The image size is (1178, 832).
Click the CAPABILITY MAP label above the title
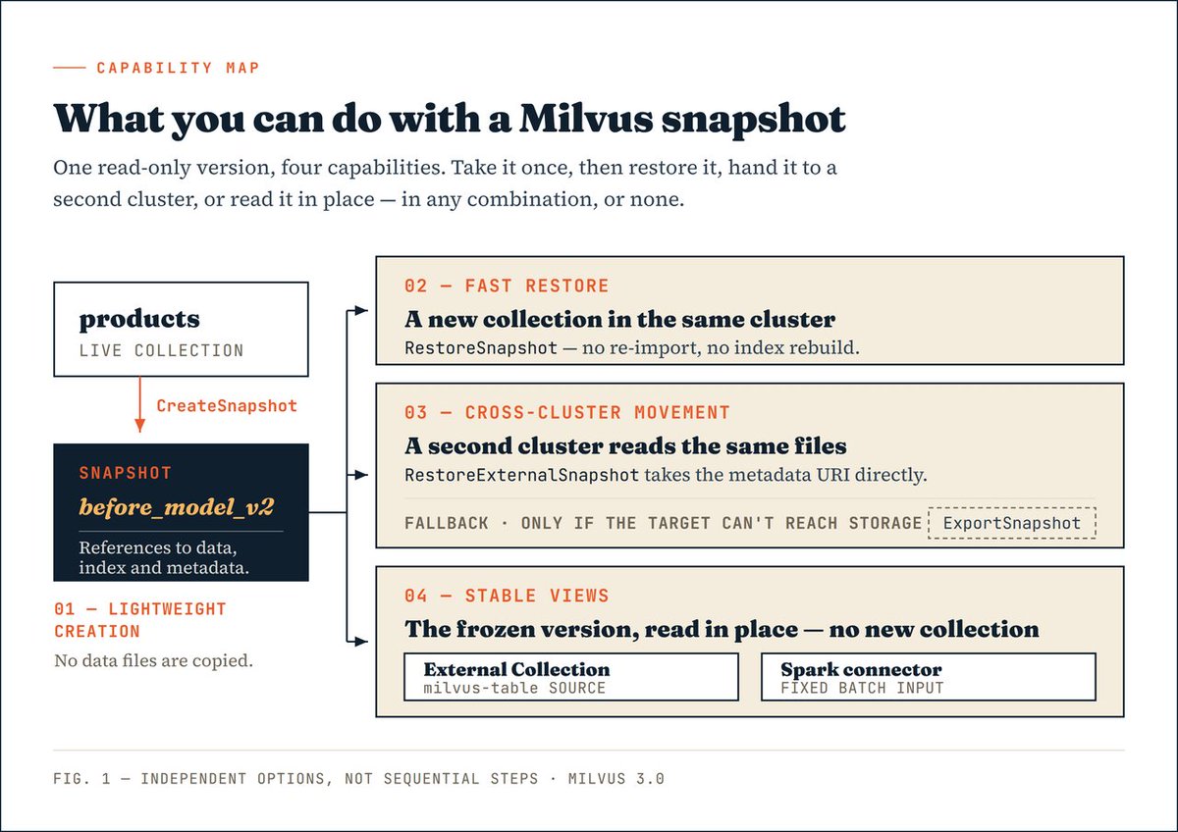point(179,68)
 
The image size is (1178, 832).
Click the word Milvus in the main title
point(586,119)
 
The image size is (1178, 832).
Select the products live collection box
point(181,330)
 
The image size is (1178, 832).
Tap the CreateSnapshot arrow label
point(227,406)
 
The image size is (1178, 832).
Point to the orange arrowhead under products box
point(139,426)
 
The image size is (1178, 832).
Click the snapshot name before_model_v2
point(177,507)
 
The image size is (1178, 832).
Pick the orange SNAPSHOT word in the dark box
point(126,473)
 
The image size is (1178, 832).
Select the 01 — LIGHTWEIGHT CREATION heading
point(139,620)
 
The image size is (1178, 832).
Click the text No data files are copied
point(153,660)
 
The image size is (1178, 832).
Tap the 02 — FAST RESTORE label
point(507,286)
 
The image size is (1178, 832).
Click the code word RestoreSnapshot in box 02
point(481,348)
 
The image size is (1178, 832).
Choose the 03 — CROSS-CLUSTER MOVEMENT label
point(567,413)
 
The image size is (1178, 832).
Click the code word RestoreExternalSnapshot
point(521,475)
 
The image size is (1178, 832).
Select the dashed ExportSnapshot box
point(1012,523)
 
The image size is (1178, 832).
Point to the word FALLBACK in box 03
point(447,524)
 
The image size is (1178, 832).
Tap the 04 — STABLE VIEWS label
point(507,596)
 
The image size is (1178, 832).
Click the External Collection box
point(571,677)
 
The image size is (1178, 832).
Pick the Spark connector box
point(929,677)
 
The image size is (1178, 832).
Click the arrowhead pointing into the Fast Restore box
point(361,311)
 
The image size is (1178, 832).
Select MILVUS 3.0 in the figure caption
point(616,778)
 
